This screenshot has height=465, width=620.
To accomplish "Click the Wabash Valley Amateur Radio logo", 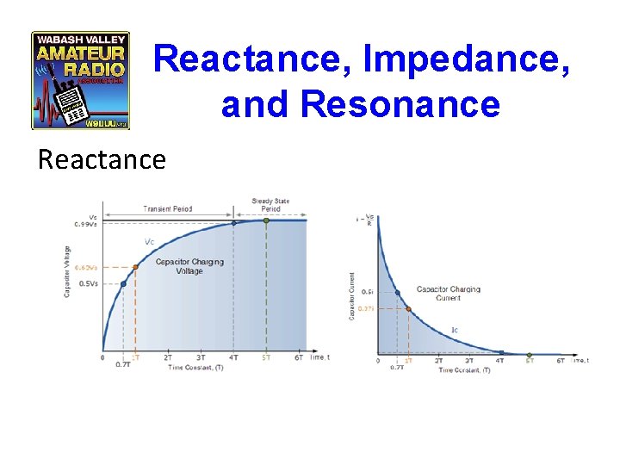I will point(80,80).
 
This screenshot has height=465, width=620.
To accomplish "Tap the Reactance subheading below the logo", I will point(102,159).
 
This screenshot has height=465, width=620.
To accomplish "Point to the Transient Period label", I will point(168,209).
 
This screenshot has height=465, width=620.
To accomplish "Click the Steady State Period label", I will point(270,205).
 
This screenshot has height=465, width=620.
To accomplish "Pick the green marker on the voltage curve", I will point(266,220).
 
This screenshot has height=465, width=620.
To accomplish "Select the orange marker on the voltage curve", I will point(135,267).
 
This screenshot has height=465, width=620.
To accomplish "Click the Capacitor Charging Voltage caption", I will point(189,266).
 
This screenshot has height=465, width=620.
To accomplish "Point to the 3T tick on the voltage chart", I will point(201,356).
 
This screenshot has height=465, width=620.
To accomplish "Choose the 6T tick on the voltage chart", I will point(299,356).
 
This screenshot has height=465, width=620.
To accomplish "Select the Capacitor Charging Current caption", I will point(449,294).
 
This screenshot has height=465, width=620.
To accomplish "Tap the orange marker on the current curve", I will point(408,308).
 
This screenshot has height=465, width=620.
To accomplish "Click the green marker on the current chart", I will point(530,354).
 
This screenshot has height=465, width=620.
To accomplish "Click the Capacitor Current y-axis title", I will point(351,297).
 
